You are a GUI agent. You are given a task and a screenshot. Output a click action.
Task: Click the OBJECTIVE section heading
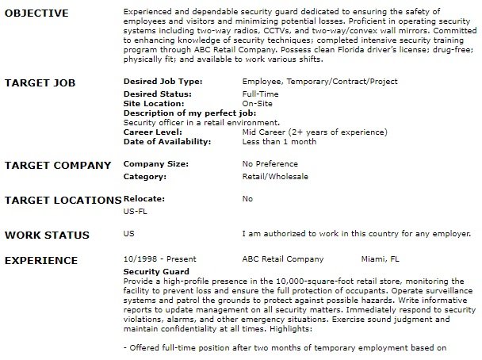pos(36,13)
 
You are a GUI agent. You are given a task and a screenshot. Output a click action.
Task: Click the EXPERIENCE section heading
pos(41,260)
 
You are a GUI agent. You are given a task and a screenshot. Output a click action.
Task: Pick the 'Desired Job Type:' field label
pos(163,81)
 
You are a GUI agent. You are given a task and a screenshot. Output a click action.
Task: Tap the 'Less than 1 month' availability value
pos(278,141)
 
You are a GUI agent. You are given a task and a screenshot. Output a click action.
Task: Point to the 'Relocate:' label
pos(143,199)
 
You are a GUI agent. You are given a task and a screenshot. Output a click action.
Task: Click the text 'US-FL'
pos(135,212)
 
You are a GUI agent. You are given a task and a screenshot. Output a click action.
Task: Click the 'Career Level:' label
pos(153,132)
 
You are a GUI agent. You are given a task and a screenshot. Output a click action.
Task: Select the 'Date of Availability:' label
pos(168,141)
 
